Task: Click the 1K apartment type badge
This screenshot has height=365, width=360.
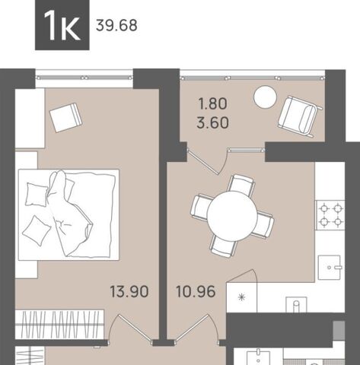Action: pyautogui.click(x=61, y=25)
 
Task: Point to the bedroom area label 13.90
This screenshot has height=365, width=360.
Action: pyautogui.click(x=127, y=291)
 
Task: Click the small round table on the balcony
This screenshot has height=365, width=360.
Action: pyautogui.click(x=265, y=97)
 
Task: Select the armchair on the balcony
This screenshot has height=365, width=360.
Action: pyautogui.click(x=298, y=115)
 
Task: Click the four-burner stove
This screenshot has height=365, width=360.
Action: pyautogui.click(x=330, y=215)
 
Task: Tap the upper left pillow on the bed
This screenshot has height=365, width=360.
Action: pyautogui.click(x=37, y=195)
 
